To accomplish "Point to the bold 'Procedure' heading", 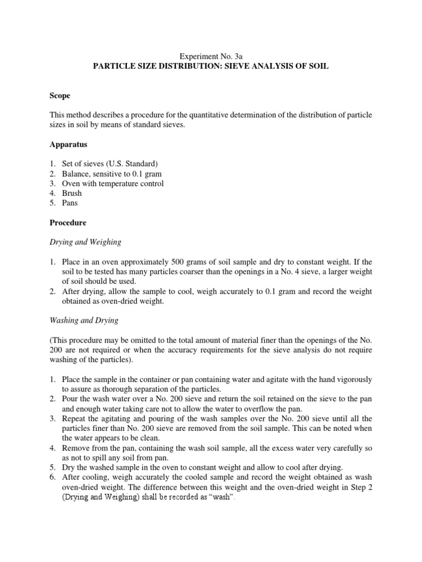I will coord(68,223).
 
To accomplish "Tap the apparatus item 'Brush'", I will coord(72,194).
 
